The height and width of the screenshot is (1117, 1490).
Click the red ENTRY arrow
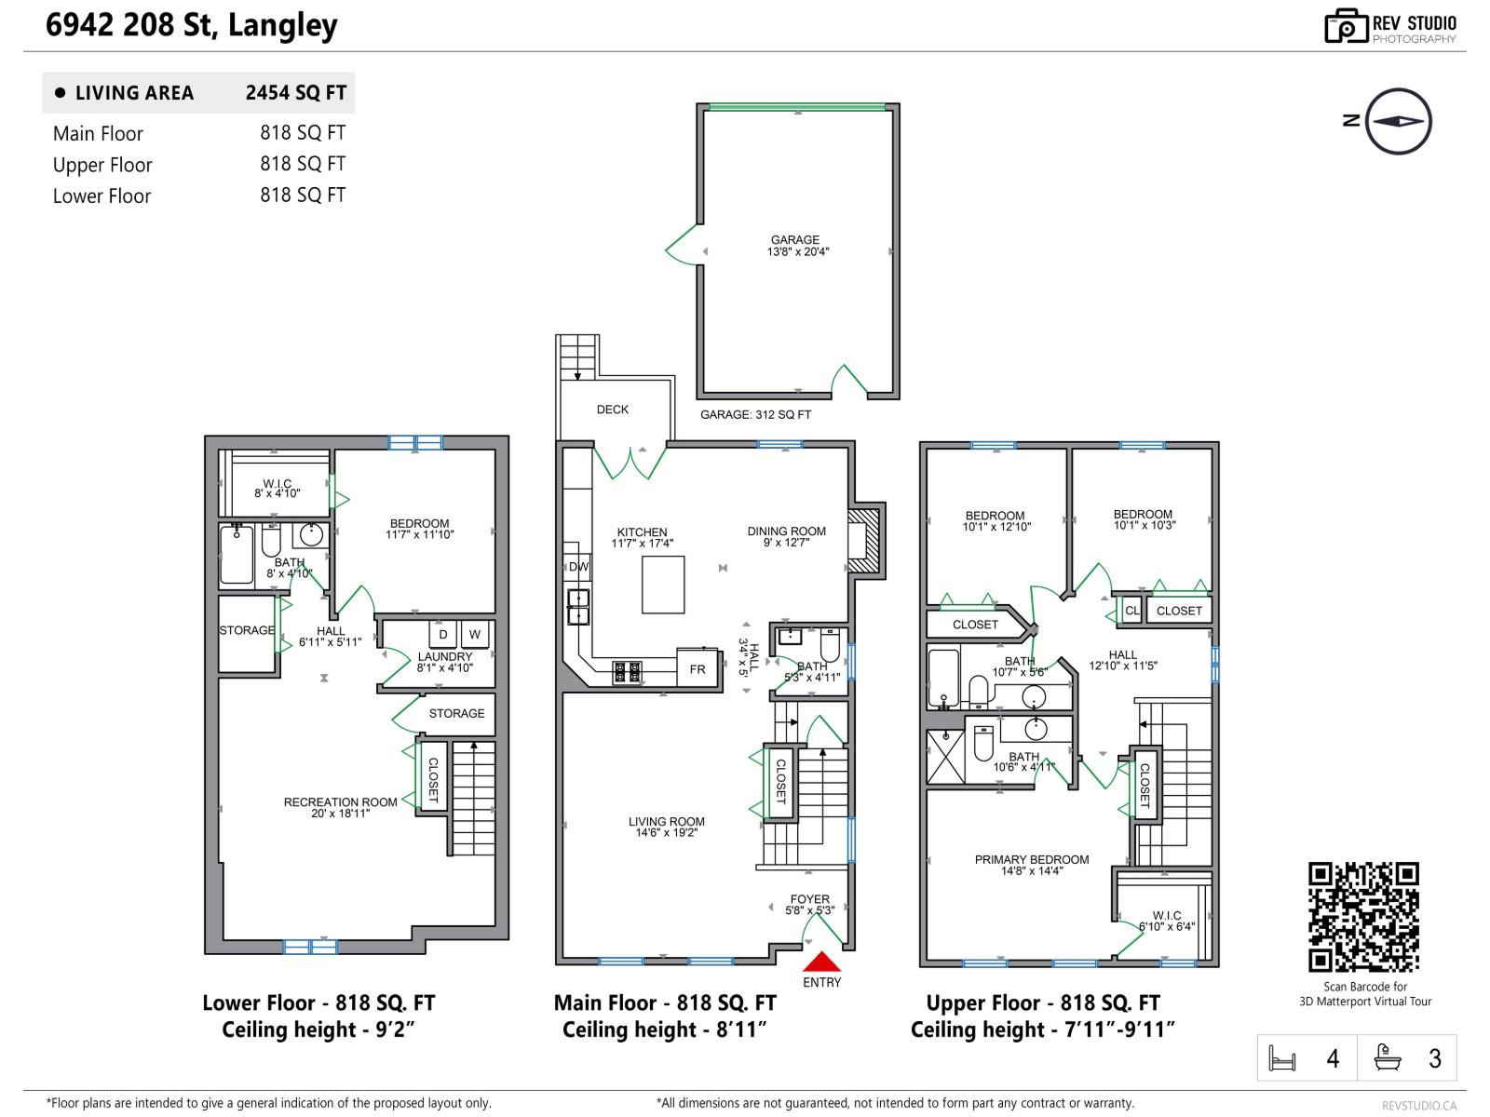[821, 962]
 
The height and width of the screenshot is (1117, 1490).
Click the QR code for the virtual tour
[1363, 917]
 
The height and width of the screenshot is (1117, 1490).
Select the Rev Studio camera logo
[1346, 26]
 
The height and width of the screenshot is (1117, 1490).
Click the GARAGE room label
[795, 240]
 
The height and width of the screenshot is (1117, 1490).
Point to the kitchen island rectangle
[663, 585]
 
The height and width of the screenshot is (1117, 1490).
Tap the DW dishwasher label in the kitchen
[578, 567]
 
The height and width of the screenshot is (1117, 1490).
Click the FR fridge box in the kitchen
[698, 669]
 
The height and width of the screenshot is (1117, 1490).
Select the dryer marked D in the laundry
[443, 635]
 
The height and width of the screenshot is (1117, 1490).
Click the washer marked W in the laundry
[475, 635]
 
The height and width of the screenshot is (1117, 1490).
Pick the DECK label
[613, 410]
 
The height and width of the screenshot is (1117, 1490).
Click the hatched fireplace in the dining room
[864, 540]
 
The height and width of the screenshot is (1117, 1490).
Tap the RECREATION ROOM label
[340, 802]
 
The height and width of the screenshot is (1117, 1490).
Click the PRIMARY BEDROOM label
[1032, 860]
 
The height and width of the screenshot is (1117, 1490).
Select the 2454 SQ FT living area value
[295, 93]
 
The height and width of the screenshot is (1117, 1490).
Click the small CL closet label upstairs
[1131, 611]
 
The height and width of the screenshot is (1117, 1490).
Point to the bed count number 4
[1333, 1059]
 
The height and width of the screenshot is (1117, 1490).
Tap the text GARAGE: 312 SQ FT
[755, 415]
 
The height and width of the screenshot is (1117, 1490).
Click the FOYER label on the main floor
[809, 900]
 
